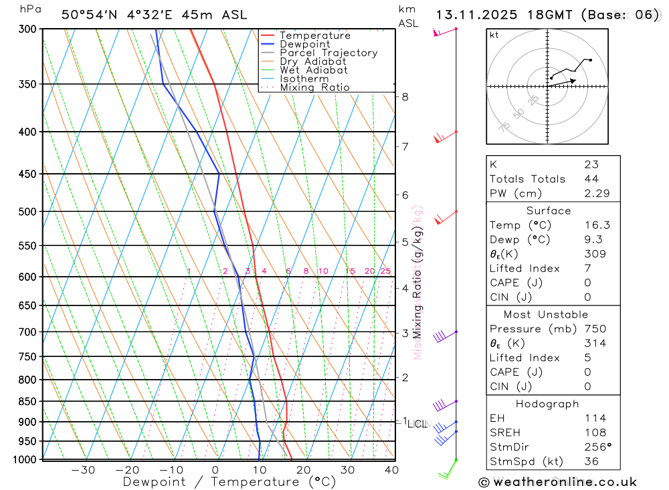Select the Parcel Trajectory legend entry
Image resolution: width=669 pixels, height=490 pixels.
tap(328, 53)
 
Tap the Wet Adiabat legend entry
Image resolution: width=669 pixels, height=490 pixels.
tap(314, 70)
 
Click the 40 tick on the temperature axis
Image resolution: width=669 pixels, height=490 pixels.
tap(391, 470)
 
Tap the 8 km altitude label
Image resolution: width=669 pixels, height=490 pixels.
tap(405, 97)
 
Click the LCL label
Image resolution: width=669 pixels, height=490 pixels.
tap(417, 424)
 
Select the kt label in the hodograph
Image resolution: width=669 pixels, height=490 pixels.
tap(494, 35)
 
